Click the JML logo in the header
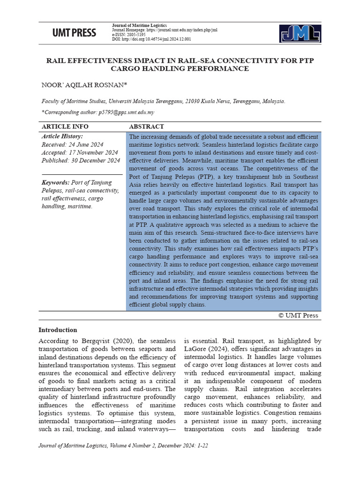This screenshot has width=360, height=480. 300,33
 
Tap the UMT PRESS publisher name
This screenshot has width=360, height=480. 74,33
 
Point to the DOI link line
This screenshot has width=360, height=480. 151,39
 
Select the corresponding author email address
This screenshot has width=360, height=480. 126,112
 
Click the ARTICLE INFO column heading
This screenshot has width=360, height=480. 65,127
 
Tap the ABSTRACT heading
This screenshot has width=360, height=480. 146,127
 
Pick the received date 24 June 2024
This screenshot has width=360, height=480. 88,144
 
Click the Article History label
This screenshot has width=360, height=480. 62,136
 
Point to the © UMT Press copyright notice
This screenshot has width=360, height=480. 298,315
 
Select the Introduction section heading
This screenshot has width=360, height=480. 58,330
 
